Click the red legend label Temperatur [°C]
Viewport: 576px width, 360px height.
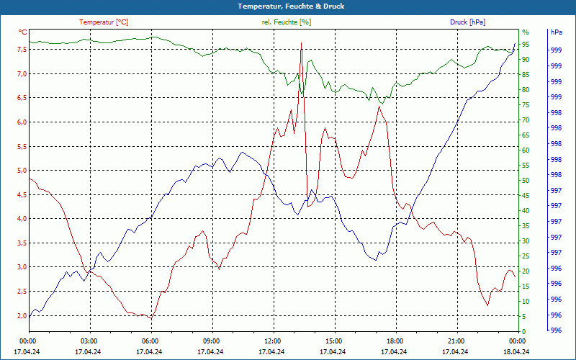coord(104,22)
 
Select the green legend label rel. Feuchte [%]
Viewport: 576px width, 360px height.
coord(287,22)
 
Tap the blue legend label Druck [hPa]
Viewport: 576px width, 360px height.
coord(467,22)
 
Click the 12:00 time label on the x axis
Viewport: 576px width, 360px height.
coord(272,341)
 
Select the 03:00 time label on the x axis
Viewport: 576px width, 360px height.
coord(89,341)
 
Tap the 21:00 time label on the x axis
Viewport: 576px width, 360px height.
coord(456,341)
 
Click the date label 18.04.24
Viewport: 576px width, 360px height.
coord(516,351)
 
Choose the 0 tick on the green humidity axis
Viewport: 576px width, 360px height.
coord(523,331)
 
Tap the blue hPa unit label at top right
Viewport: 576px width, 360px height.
coord(556,32)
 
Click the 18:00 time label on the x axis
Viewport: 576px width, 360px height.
coord(395,341)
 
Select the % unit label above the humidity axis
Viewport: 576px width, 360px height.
coord(525,32)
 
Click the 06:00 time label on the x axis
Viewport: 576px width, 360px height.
coord(150,341)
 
